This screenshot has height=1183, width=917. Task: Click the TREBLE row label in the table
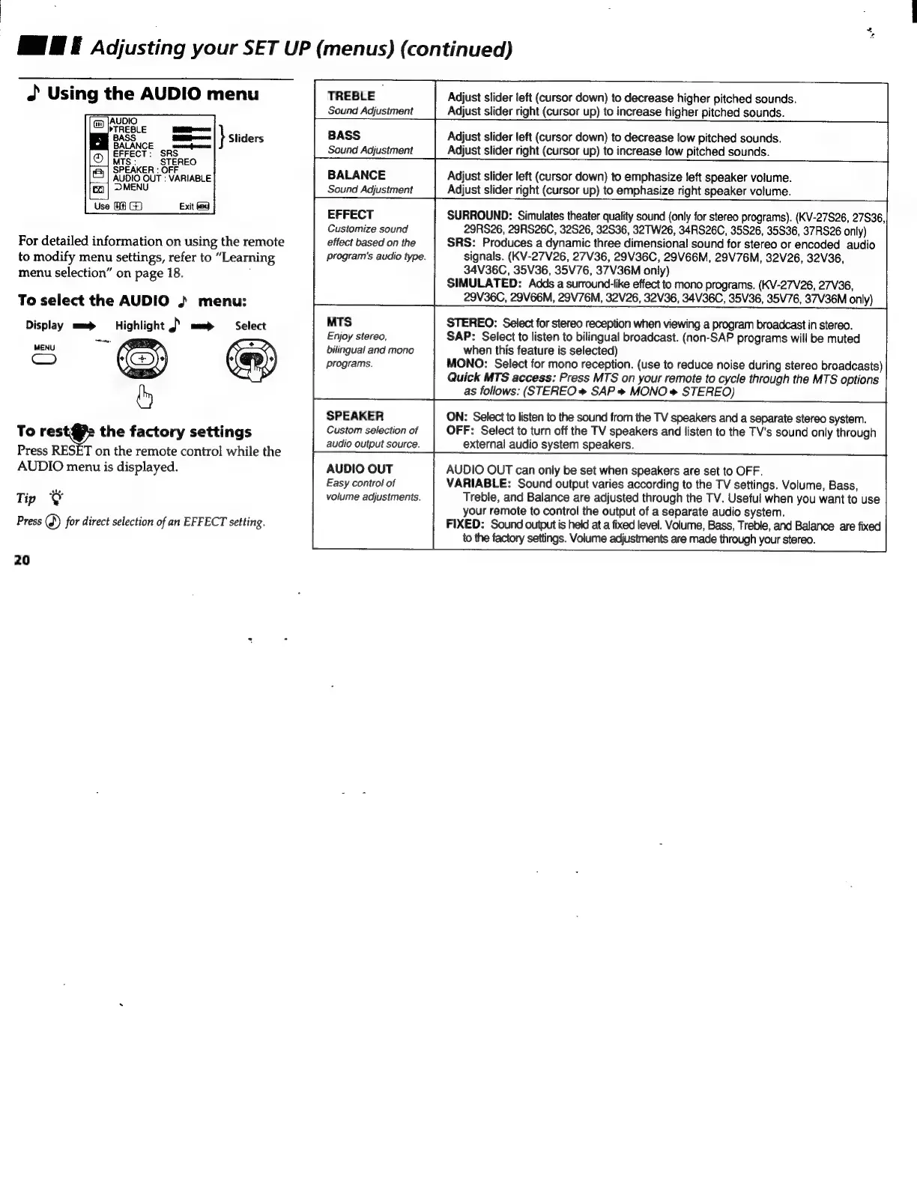(351, 96)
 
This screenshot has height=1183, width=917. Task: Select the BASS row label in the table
(344, 136)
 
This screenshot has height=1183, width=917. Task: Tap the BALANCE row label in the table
(356, 175)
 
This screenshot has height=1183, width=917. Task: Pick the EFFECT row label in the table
(350, 215)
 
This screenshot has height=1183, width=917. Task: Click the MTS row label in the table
(339, 322)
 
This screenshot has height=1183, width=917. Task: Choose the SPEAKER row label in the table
(354, 416)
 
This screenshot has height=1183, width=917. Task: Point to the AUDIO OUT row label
(359, 469)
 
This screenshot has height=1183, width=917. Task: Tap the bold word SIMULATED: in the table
(483, 283)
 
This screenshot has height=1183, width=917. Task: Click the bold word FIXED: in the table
(464, 526)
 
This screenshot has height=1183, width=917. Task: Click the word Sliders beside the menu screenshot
(246, 139)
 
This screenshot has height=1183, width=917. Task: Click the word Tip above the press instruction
(25, 499)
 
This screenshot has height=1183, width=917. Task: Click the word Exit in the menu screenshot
(187, 206)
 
